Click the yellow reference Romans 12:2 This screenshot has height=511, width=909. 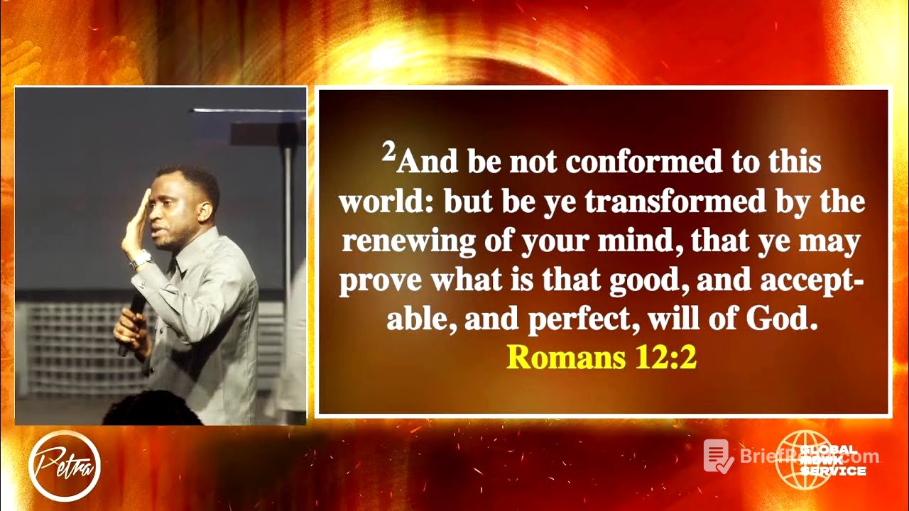point(602,358)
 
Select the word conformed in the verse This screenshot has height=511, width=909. point(643,163)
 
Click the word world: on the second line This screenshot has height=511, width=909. point(387,203)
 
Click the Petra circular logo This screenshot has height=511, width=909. point(64,466)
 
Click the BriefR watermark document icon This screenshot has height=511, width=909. point(718,456)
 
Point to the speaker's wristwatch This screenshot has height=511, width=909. point(141,259)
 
